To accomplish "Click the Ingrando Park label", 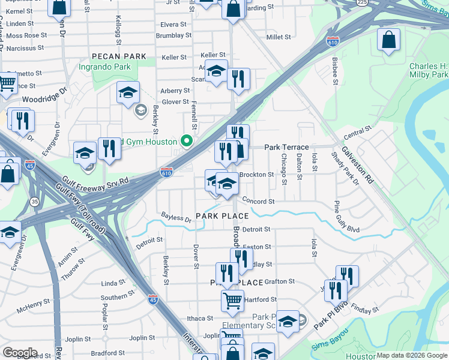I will point(105,67).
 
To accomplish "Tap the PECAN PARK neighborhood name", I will point(118,56).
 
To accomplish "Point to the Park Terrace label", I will point(286,147).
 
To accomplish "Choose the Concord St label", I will point(259,202).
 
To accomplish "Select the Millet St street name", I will point(278,37).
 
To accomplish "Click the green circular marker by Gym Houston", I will point(187,142).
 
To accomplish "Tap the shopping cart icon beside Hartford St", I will point(232,300).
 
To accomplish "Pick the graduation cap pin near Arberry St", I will point(128,93).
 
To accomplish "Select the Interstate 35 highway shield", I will point(35,202).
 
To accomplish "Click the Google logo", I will point(19,353).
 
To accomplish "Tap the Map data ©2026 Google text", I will point(412,355).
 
